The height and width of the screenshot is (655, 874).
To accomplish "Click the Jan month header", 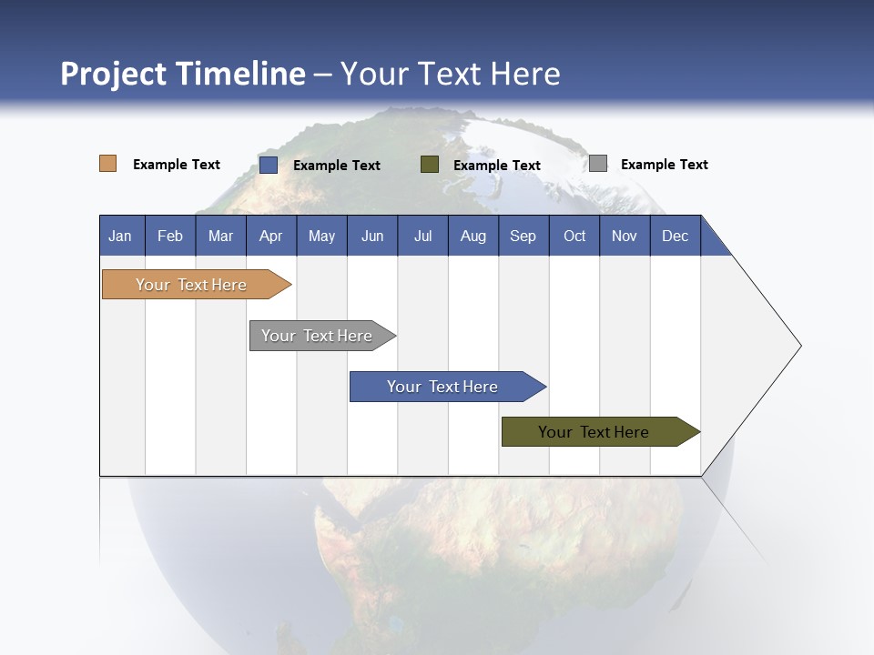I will [x=121, y=236].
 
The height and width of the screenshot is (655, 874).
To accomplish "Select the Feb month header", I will [x=170, y=236].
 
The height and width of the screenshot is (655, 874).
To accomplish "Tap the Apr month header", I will [x=271, y=236].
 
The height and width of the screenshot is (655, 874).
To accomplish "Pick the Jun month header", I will [x=372, y=236].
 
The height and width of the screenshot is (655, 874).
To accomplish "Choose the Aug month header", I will [x=473, y=236].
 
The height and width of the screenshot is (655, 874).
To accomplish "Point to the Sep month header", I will [x=523, y=236].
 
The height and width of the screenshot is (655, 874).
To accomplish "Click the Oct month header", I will [x=574, y=236].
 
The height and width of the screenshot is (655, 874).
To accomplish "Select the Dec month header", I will [x=676, y=236].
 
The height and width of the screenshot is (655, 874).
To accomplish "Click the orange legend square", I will [x=108, y=164].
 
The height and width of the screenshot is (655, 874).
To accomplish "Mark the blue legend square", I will [x=269, y=165].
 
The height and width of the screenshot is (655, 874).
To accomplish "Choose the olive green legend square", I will [x=430, y=165].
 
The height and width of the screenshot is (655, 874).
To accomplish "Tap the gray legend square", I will [x=598, y=164].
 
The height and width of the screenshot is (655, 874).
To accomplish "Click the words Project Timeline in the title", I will [x=183, y=74].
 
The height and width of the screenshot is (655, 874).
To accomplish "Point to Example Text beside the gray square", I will [x=664, y=165].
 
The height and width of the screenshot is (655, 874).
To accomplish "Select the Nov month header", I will [x=625, y=236].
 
